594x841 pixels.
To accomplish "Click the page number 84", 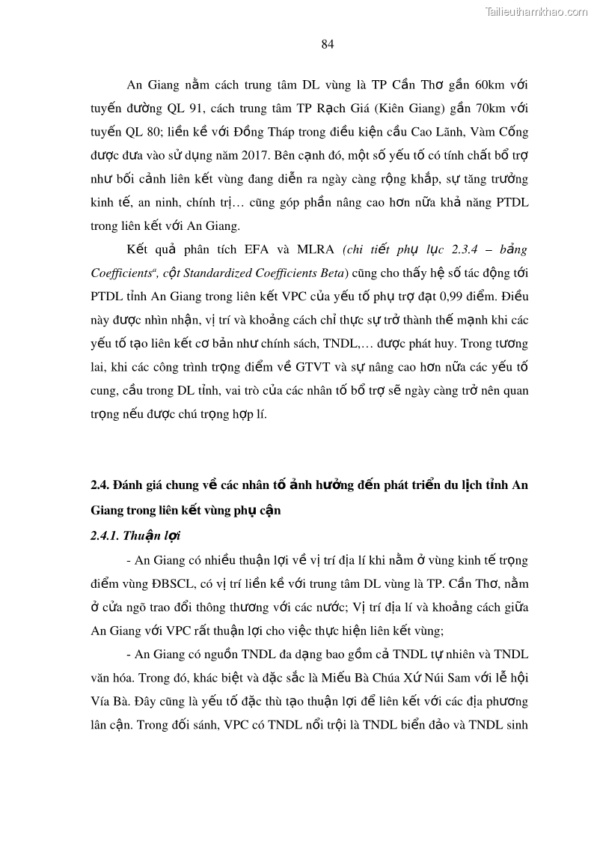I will [327, 44].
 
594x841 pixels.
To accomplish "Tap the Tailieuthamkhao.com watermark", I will [536, 11].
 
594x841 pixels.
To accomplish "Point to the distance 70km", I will [486, 109].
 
